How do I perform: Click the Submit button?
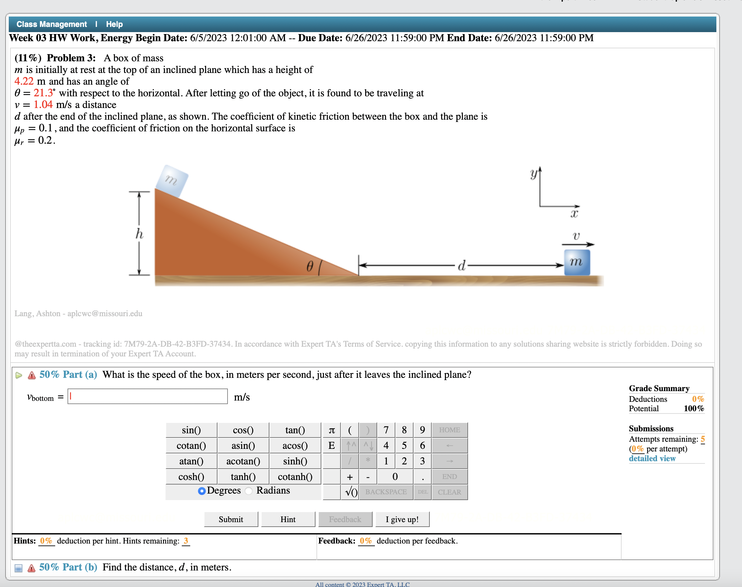231,519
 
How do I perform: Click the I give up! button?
402,519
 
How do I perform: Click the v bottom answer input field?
148,396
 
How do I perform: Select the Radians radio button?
249,491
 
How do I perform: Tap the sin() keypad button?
191,430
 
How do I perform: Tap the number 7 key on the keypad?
386,430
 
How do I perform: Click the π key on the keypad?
332,430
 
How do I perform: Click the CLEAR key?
449,492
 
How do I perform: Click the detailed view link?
652,458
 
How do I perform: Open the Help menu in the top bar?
114,24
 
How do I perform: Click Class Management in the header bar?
52,24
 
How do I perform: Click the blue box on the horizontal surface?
577,262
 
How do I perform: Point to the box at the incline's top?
172,180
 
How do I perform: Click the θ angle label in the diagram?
310,266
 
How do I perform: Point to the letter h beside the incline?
139,234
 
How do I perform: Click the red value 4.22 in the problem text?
24,81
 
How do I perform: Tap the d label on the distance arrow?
461,266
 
